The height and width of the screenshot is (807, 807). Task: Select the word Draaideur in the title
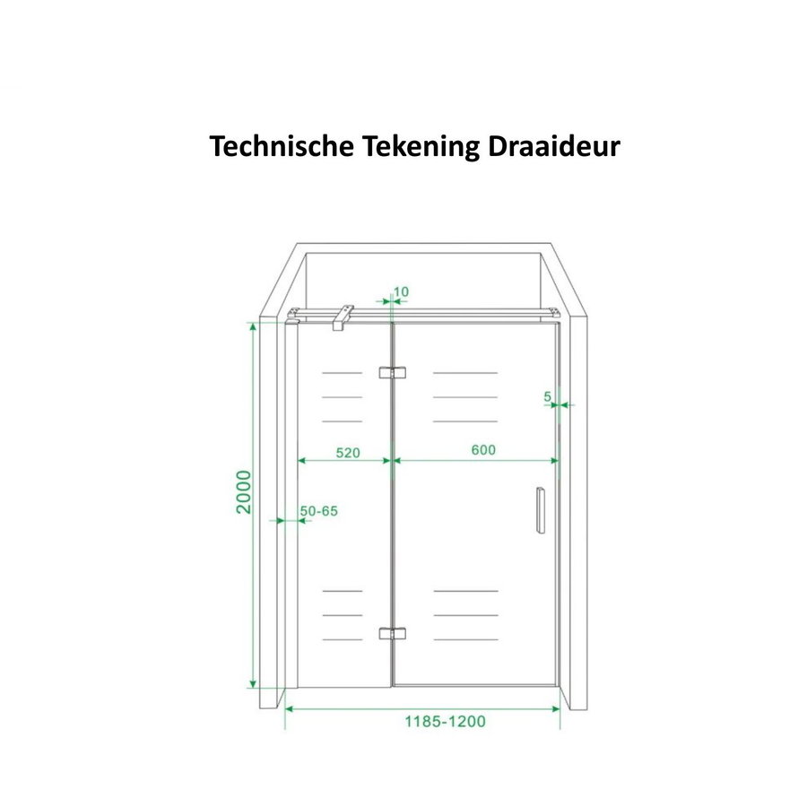[554, 146]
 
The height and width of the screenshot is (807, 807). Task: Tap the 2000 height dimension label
[243, 491]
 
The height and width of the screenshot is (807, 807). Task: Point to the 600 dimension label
[482, 450]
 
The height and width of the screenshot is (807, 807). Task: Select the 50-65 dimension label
[318, 511]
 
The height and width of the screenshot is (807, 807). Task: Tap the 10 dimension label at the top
[401, 291]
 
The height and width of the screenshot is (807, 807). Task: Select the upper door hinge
[392, 372]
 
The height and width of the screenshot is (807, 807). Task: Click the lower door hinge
[392, 633]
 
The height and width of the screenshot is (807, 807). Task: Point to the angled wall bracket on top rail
[343, 316]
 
